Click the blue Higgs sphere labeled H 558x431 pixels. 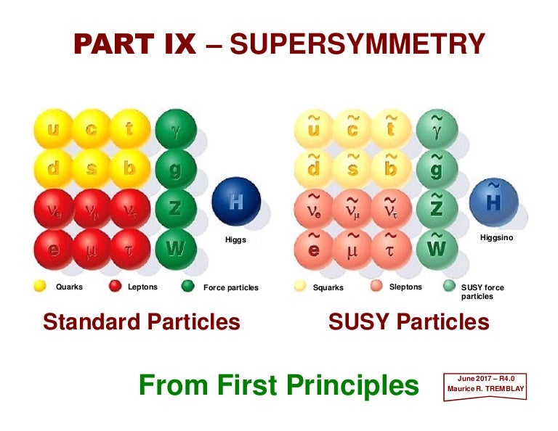click(x=235, y=201)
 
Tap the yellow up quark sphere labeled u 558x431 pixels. click(x=53, y=129)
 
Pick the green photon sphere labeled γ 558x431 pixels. click(x=175, y=129)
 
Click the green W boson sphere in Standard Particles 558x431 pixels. click(x=175, y=249)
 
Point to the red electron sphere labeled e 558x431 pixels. click(x=53, y=249)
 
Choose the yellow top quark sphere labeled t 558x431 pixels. click(x=130, y=129)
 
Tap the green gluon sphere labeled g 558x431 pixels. click(x=175, y=169)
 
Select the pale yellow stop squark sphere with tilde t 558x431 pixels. click(x=391, y=129)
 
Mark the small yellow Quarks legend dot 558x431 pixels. click(x=40, y=287)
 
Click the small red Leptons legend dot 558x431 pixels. click(x=115, y=287)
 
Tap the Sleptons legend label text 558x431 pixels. click(x=405, y=287)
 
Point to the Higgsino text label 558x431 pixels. click(x=496, y=237)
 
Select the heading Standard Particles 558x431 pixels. click(x=141, y=321)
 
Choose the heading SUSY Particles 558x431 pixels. click(x=408, y=321)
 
